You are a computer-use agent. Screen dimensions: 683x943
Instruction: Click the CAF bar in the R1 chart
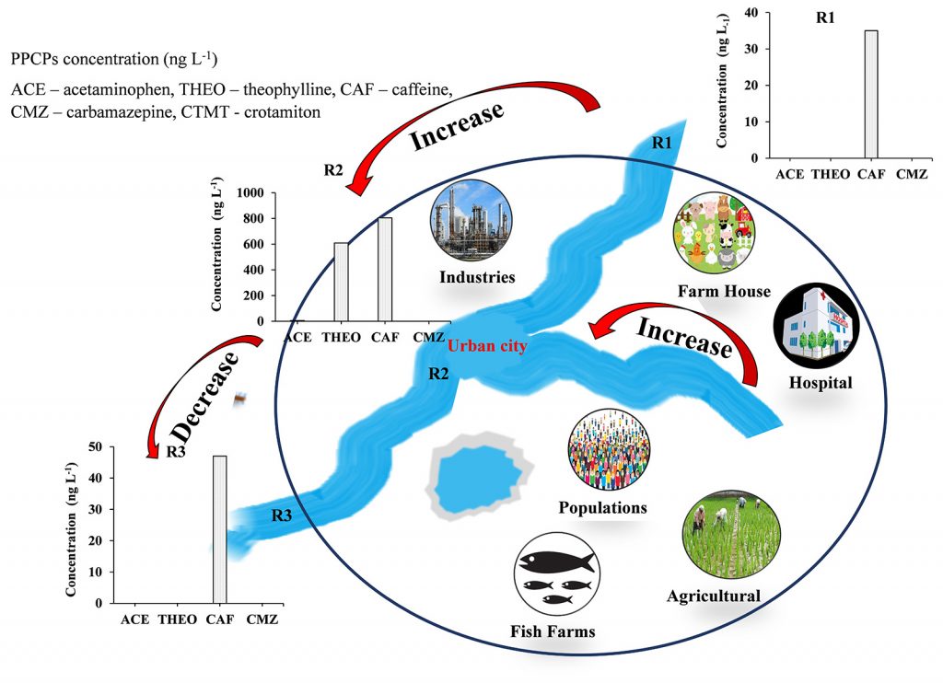click(x=871, y=94)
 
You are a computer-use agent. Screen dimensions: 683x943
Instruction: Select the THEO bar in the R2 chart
click(x=341, y=282)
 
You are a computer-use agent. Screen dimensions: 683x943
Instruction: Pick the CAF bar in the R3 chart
click(x=219, y=529)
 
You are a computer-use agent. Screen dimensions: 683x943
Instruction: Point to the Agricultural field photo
click(x=721, y=538)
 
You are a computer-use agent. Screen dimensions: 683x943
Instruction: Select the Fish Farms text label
click(x=553, y=631)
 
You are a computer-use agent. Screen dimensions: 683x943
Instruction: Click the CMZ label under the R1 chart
click(x=918, y=173)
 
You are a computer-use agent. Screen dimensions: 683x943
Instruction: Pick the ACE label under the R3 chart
click(x=135, y=619)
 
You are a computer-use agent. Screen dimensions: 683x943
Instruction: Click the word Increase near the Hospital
click(x=685, y=338)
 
